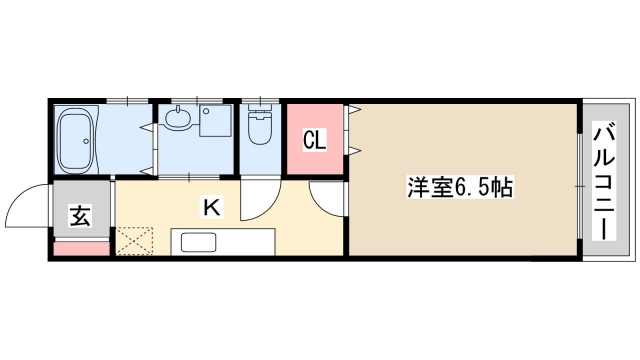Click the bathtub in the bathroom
coord(77,140)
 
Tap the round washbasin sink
coord(177,121)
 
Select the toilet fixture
coord(259,128)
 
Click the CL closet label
coord(314,140)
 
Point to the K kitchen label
coord(211,207)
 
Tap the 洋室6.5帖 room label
coord(460,186)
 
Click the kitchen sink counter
coord(222,242)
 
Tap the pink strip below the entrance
coord(80,249)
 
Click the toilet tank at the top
coord(260,111)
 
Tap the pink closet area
coord(314,140)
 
